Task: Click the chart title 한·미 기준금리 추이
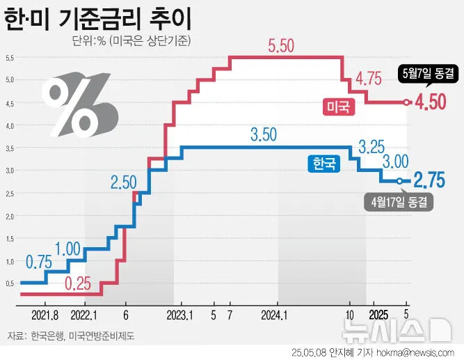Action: coord(98,18)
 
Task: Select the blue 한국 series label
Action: coord(323,164)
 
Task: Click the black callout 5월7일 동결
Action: coord(428,72)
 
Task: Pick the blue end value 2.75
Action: coord(429,181)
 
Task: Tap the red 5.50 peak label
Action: coord(281,47)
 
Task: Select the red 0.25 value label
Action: coord(79,283)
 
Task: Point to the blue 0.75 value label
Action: coord(39,263)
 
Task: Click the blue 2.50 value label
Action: coord(124,182)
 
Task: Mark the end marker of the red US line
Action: coord(407,102)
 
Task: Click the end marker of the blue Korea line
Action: coord(400,181)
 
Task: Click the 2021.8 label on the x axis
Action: coord(45,315)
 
